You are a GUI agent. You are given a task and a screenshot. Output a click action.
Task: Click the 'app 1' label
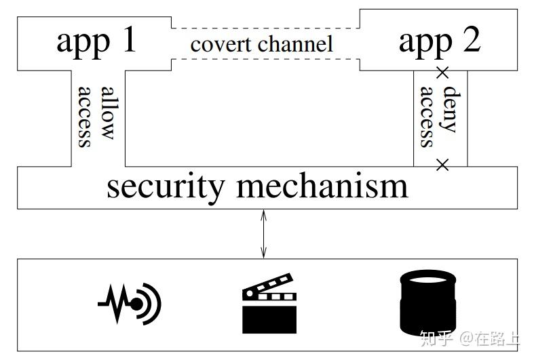tap(96, 41)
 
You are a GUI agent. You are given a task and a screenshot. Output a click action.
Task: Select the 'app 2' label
tap(439, 41)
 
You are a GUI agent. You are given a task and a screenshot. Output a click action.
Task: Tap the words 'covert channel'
tap(261, 45)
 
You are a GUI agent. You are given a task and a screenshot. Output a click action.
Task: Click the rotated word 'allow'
tap(107, 113)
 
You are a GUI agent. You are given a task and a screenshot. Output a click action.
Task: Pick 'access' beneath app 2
tap(426, 116)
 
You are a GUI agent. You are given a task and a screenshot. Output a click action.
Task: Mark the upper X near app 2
tap(442, 72)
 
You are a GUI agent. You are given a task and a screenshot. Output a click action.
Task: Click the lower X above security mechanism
tap(442, 164)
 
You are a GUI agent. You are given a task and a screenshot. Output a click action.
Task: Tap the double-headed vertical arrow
tap(264, 234)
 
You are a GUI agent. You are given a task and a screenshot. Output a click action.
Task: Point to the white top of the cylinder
tap(427, 277)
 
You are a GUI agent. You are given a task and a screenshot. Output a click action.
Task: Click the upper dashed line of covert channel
tap(265, 28)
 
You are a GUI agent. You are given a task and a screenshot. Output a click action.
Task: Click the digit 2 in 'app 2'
tap(468, 41)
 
